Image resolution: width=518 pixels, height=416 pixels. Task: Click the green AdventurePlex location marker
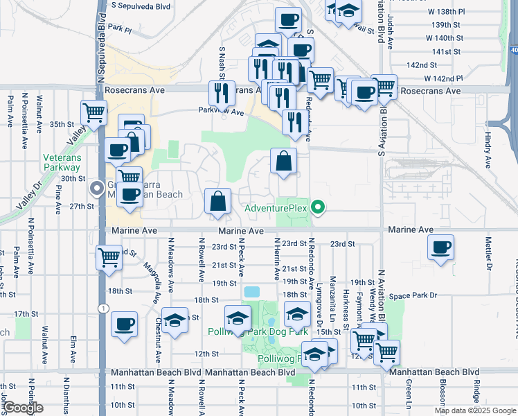318,207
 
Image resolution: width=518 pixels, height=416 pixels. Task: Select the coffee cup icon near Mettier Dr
440,248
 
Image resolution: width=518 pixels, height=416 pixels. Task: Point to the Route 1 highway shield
104,308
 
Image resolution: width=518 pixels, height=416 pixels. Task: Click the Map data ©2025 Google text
474,410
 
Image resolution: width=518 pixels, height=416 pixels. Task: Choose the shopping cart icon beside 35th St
93,112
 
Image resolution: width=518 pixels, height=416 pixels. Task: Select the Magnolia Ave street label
151,275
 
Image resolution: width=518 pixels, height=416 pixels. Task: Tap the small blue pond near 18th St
252,292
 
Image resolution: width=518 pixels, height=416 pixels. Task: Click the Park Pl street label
119,29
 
